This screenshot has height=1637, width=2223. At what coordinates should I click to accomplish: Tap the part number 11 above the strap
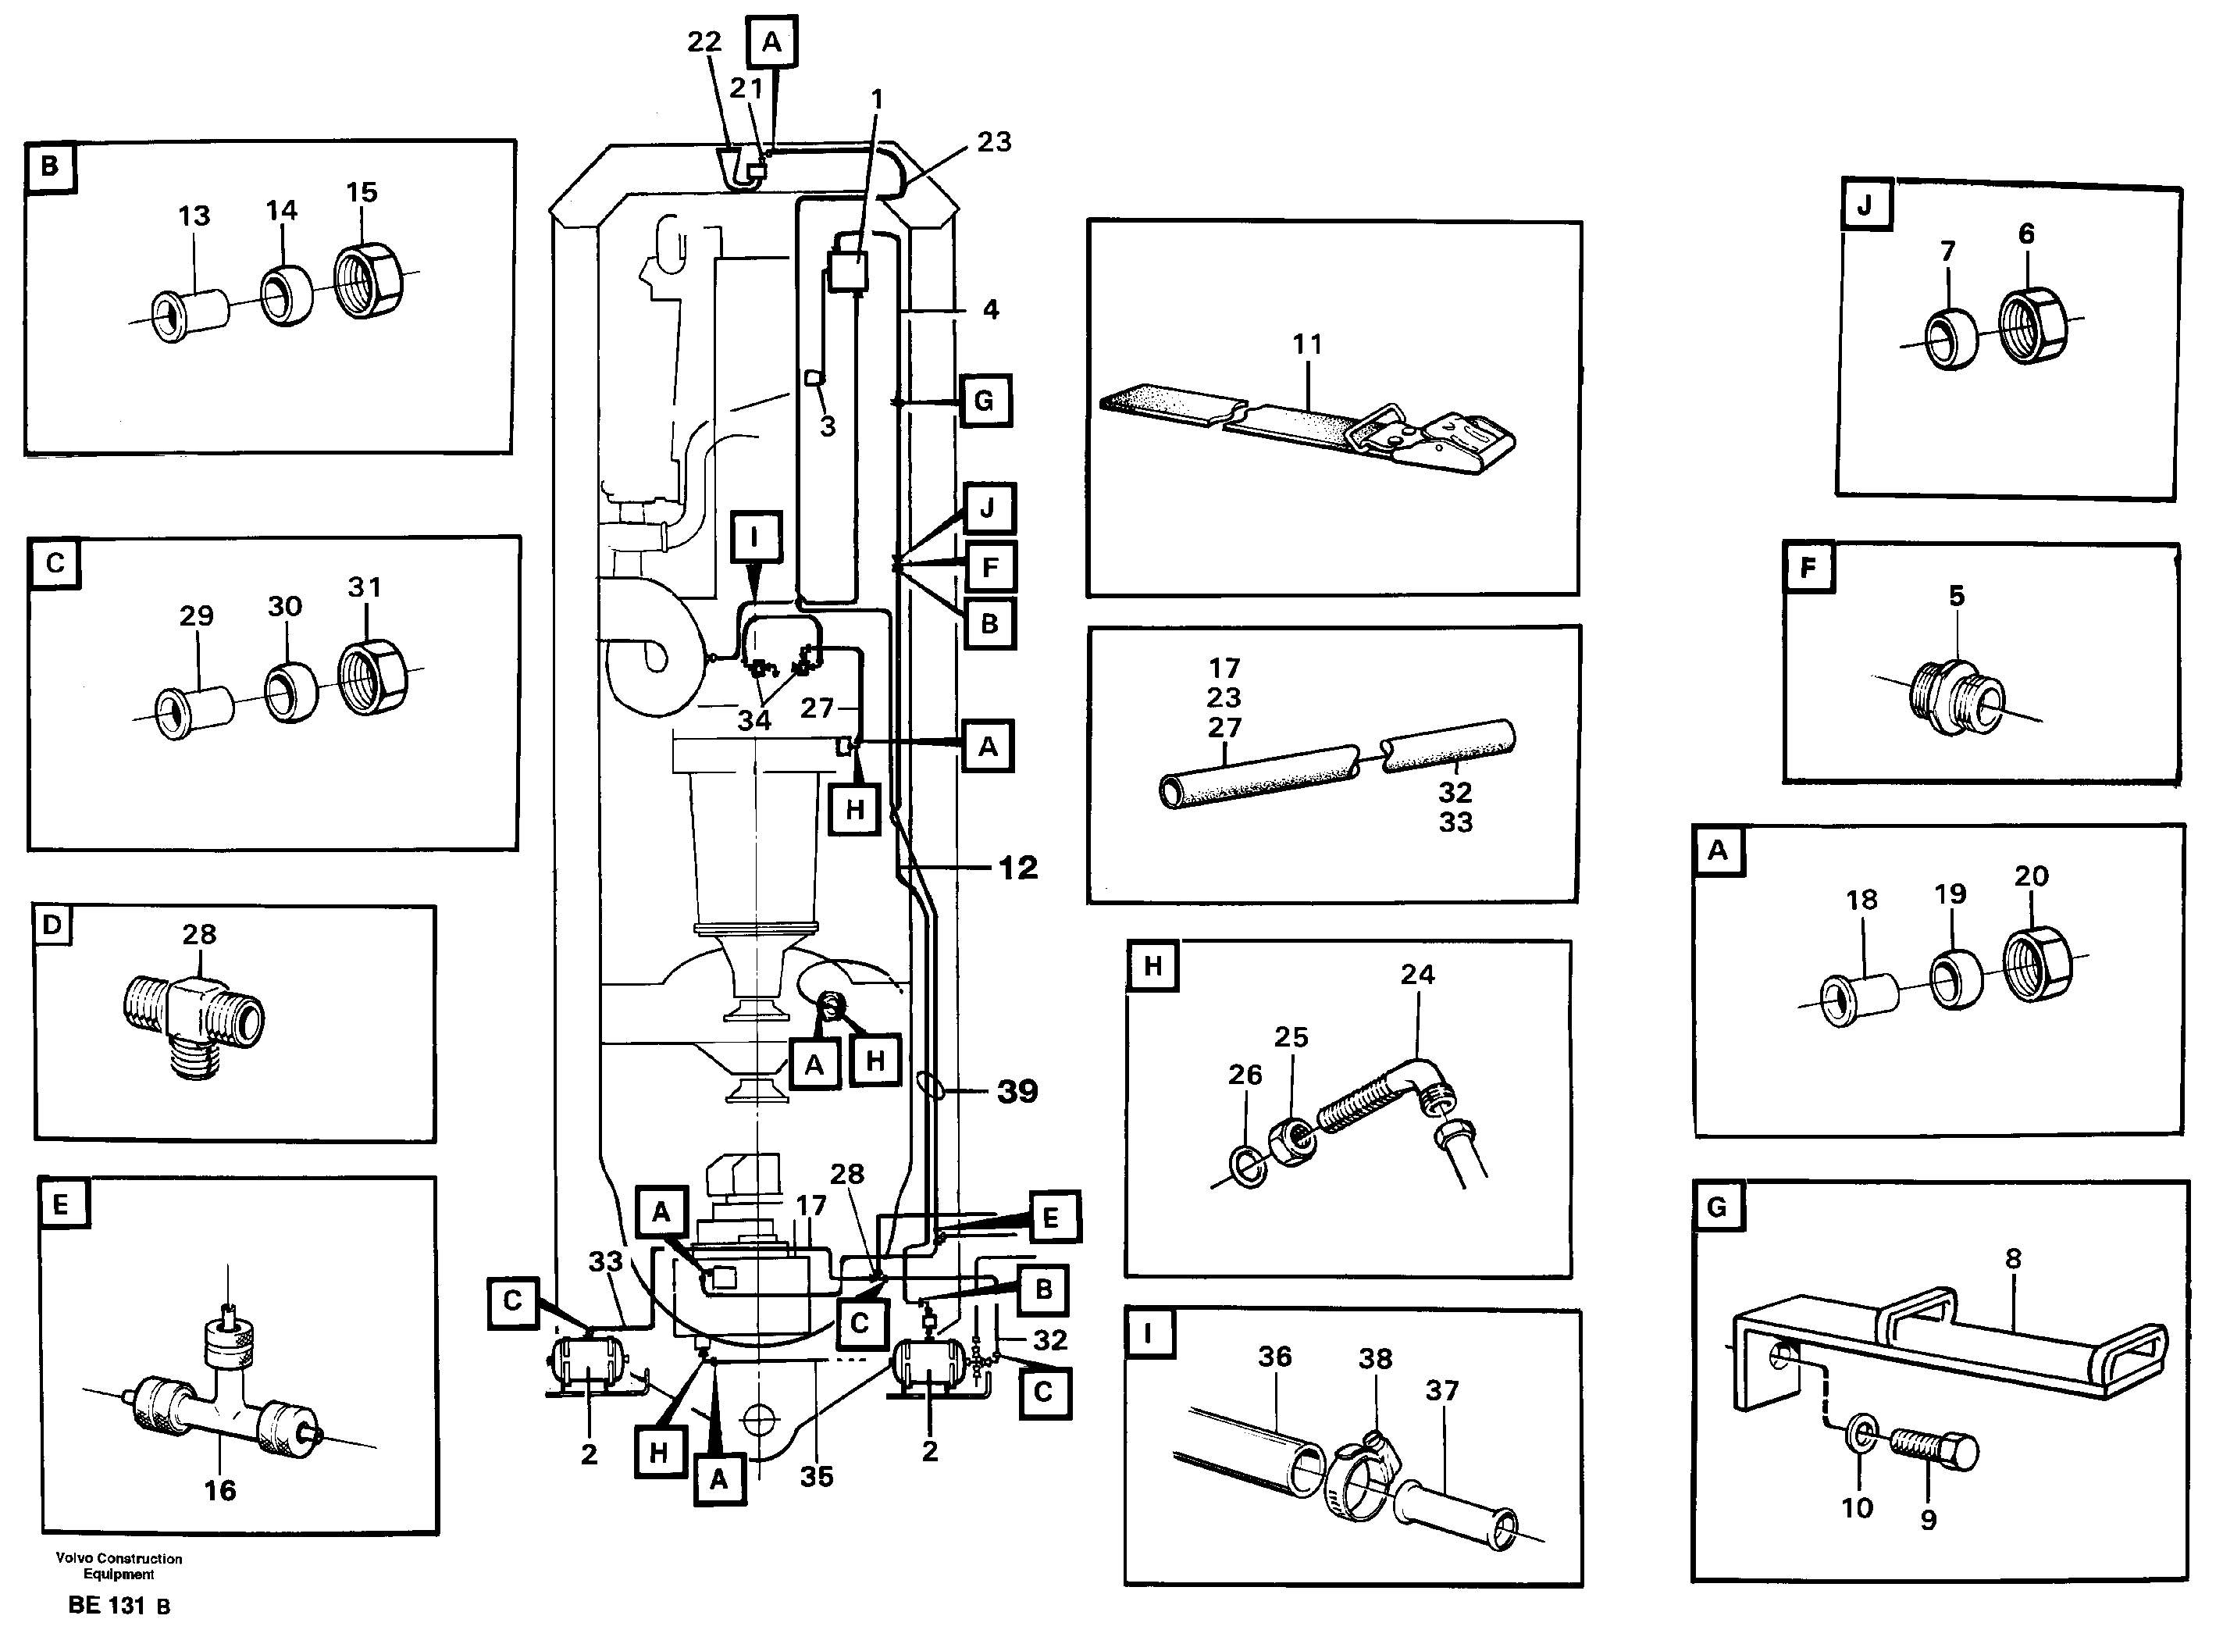click(1306, 345)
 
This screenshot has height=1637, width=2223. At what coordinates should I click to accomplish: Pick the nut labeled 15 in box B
click(366, 280)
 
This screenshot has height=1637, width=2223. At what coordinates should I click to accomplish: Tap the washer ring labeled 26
click(1249, 1168)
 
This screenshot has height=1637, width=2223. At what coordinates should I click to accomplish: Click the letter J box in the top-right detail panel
click(1866, 206)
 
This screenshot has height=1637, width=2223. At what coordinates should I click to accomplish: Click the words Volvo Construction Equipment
click(119, 1566)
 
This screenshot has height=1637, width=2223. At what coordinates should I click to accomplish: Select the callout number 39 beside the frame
click(1017, 1091)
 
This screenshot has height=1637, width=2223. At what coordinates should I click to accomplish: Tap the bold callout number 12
click(1017, 868)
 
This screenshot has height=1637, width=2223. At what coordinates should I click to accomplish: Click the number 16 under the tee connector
click(220, 1490)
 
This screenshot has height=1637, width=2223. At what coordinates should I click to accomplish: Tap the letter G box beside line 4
click(984, 401)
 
